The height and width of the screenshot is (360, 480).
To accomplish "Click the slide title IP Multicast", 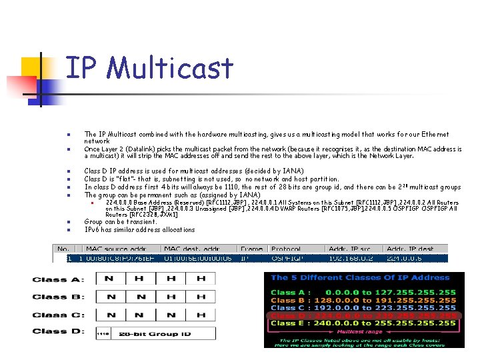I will pyautogui.click(x=149, y=68).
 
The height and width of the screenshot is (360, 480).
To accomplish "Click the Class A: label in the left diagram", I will pyautogui.click(x=59, y=279).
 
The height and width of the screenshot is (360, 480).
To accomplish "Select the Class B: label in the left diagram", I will pyautogui.click(x=59, y=297).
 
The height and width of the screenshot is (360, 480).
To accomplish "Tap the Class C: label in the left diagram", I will pyautogui.click(x=59, y=315).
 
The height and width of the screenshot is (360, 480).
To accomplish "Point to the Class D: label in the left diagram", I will pyautogui.click(x=59, y=331).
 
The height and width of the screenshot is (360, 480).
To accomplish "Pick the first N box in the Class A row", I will pyautogui.click(x=109, y=279).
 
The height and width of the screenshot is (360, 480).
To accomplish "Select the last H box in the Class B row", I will pyautogui.click(x=201, y=297).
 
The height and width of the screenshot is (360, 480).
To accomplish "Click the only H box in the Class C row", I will pyautogui.click(x=201, y=315).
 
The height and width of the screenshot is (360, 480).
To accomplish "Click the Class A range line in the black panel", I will pyautogui.click(x=363, y=292).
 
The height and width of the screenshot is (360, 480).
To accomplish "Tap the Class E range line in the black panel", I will pyautogui.click(x=363, y=323).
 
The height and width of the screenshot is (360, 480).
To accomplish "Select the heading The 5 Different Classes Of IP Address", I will pyautogui.click(x=360, y=278).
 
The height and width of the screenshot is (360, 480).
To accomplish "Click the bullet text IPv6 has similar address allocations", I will pyautogui.click(x=139, y=230).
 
